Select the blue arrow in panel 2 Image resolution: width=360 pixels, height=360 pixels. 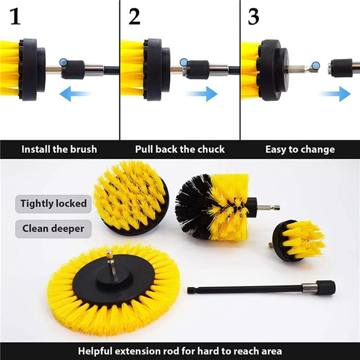click(202, 94)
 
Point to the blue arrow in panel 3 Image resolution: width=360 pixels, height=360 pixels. click(335, 94)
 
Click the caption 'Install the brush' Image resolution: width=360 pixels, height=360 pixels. click(59, 149)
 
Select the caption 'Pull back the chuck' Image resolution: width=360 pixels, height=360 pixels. click(180, 149)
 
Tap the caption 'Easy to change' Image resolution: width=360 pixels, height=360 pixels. click(300, 149)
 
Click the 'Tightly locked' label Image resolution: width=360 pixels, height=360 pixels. click(54, 203)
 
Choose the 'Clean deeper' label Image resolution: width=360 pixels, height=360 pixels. click(54, 229)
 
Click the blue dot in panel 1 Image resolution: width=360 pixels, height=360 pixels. click(64, 61)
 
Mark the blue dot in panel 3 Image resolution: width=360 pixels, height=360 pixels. click(315, 66)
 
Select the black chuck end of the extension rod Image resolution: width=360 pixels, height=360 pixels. click(325, 287)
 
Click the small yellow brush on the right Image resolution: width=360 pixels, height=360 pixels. click(300, 239)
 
